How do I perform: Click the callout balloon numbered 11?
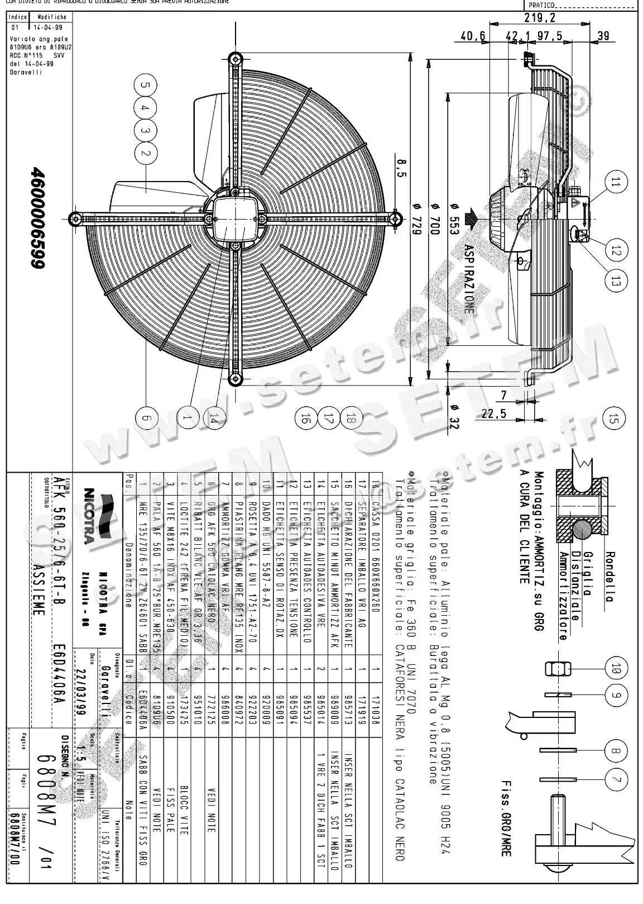[x=616, y=182]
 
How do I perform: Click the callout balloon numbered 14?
[x=213, y=417]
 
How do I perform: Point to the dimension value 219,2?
[x=539, y=18]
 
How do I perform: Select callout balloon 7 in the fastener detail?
[x=615, y=780]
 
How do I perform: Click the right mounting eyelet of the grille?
[x=396, y=218]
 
